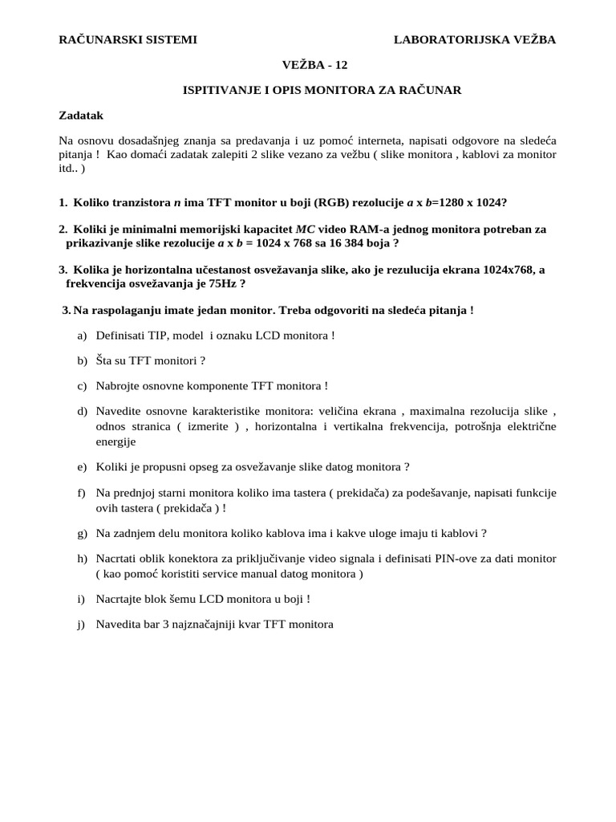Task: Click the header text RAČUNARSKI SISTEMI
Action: pos(128,39)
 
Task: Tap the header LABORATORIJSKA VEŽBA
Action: pos(475,39)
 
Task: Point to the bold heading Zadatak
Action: pos(81,116)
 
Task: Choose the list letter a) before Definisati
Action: pos(82,335)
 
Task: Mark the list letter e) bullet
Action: pos(82,466)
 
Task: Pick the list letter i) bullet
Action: pos(82,598)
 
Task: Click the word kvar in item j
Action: pos(245,624)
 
